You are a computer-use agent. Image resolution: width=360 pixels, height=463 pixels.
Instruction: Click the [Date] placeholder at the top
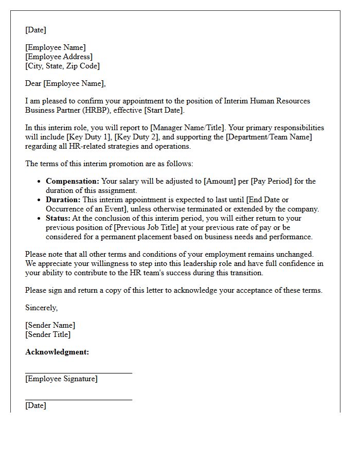coord(35,30)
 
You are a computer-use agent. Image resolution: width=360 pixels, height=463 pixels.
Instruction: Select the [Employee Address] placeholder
coord(59,57)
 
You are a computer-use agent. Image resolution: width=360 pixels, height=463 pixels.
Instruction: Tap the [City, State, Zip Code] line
coord(62,66)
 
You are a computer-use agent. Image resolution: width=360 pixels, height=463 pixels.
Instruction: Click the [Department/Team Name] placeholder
coord(269,137)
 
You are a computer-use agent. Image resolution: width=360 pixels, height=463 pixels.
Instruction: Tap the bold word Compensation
coord(73,181)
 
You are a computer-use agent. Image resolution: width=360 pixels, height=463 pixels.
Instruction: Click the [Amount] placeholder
coord(220,181)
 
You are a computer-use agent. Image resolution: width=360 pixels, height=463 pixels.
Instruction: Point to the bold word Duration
coord(63,200)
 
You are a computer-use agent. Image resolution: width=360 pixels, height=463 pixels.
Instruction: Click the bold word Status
coord(58,218)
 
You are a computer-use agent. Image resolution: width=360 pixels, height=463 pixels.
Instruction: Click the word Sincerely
coord(42,308)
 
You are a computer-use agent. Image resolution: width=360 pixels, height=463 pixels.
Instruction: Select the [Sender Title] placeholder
coord(48,334)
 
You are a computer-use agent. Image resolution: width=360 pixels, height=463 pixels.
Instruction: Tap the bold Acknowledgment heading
coord(57,352)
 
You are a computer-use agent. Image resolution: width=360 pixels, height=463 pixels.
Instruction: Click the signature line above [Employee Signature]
coord(79,372)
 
